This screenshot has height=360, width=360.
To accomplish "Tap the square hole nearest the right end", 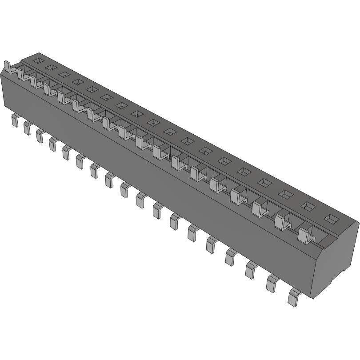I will tap(331, 219).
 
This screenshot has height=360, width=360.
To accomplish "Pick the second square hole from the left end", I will tap(50, 67).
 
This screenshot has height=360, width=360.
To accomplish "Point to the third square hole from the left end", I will tap(64, 74).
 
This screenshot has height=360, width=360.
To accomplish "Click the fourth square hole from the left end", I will tap(77, 81).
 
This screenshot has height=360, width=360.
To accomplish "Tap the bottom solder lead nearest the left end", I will tap(15, 120).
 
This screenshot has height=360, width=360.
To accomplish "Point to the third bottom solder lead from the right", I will tap(251, 270).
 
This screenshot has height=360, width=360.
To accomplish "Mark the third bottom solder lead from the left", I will tap(40, 135).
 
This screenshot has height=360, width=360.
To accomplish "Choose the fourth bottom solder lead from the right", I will tap(231, 257).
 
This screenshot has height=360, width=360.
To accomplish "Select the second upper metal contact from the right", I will tap(281, 221).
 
